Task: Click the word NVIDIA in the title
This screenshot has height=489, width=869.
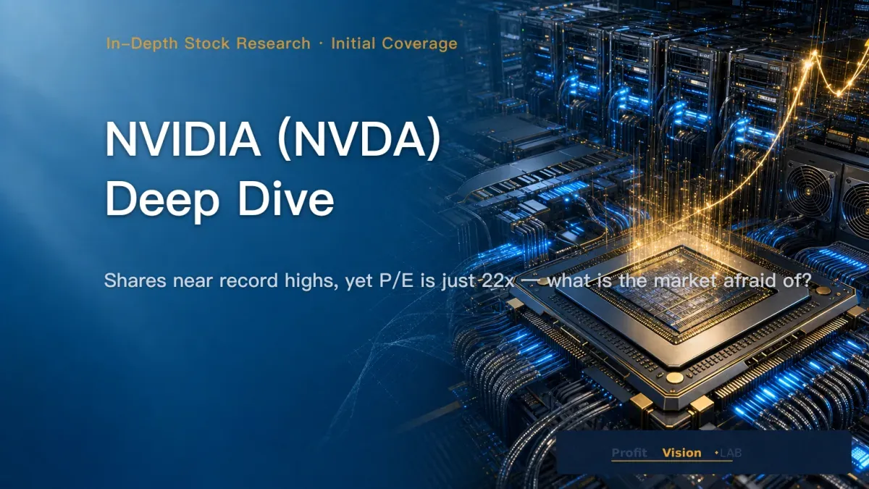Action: click(182, 139)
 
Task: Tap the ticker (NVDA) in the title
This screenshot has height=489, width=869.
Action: click(360, 140)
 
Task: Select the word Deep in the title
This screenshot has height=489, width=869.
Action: click(162, 200)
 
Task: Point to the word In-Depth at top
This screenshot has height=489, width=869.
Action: click(143, 44)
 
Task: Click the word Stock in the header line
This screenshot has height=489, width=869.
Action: click(207, 43)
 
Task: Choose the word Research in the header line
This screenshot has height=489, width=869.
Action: click(274, 43)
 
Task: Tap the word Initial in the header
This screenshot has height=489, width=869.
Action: click(353, 43)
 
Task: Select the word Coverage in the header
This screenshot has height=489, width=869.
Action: click(419, 44)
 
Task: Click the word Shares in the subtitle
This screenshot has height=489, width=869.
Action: click(135, 280)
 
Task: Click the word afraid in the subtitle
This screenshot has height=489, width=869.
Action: click(747, 280)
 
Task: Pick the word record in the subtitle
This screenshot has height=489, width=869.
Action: click(248, 280)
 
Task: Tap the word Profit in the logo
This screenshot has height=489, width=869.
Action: click(629, 453)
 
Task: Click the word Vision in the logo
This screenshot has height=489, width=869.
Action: click(681, 453)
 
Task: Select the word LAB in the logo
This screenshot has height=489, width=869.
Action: click(731, 453)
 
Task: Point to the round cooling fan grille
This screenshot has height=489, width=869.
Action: click(808, 191)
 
